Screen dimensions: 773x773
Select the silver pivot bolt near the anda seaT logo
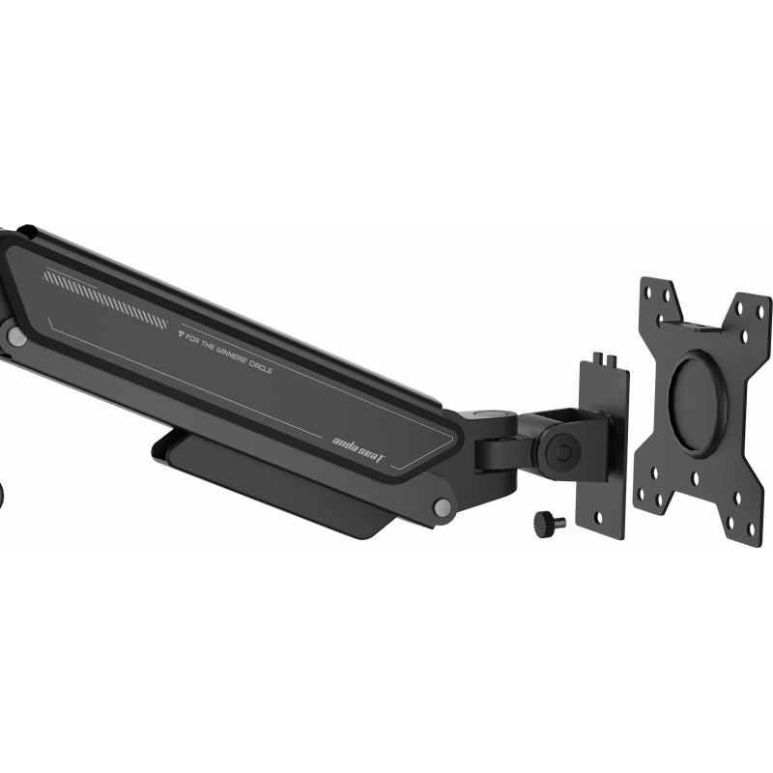coord(443,507)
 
